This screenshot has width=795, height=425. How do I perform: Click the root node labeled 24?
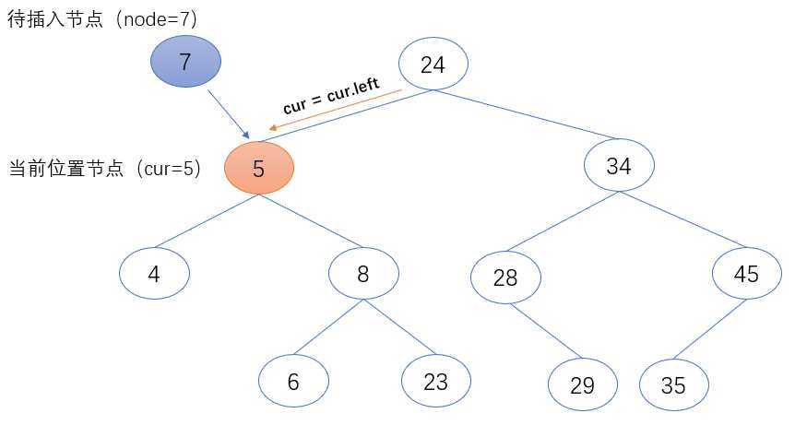pos(433,65)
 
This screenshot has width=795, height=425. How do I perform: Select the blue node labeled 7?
pos(186,63)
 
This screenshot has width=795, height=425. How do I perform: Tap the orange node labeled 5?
pos(259,168)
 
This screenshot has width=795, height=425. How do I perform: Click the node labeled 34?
pos(619,167)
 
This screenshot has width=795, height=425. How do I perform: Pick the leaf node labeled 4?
pos(154,273)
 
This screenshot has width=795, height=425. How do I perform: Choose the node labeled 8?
pos(364,273)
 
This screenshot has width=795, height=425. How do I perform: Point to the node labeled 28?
pos(505,277)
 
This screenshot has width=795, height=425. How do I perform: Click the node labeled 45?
pos(747,275)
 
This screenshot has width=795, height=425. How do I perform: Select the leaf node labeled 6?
pos(293,382)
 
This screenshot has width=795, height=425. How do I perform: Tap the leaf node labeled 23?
pos(436,380)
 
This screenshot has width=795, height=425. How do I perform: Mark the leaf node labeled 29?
pos(582,385)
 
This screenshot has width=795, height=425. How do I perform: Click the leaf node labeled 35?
pos(674,385)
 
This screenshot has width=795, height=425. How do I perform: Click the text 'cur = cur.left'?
pos(331,96)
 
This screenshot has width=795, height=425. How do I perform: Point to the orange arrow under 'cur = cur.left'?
pos(337,109)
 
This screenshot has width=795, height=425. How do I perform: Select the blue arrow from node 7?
pos(226,112)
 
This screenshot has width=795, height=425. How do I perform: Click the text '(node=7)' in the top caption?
pos(158,18)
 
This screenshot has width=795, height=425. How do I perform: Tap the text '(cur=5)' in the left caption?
pos(168,170)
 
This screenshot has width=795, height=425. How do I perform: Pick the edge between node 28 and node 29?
pos(544,331)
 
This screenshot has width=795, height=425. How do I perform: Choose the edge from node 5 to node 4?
pos(207,220)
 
